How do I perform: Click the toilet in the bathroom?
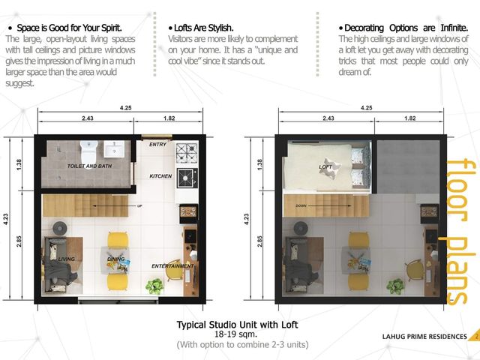coord(89,152)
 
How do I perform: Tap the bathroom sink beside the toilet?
coord(114,149)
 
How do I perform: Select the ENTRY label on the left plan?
coord(157,145)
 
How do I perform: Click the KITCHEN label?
coord(160,176)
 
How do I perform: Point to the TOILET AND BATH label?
coord(89,166)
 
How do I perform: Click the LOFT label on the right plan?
coord(325,166)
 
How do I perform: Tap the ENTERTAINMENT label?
coord(172,266)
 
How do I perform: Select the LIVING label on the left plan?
coord(67,259)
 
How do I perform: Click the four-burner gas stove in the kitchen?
coord(187,153)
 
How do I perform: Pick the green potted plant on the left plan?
coord(154,286)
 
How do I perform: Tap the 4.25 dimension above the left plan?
coord(125,108)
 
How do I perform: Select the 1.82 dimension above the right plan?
coord(410,118)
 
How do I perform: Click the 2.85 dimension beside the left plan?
coord(19,241)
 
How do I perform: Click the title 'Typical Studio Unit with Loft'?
coord(237,325)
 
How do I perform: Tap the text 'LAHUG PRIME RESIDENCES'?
coord(424,337)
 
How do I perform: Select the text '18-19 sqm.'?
coord(235,334)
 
